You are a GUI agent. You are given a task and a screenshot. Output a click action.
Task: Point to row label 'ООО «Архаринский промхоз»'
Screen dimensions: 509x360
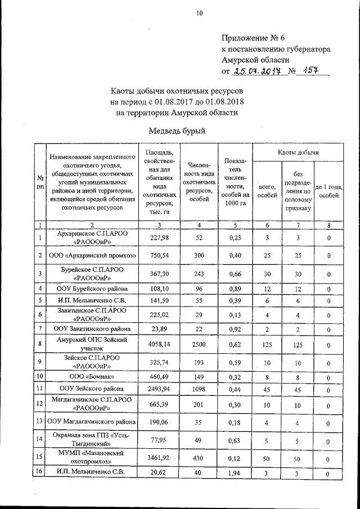(x=93, y=255)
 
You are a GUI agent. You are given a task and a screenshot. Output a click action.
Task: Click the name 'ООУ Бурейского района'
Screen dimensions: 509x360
(x=93, y=289)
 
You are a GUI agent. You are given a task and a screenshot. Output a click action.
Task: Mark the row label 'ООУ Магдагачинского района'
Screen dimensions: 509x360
(x=93, y=422)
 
